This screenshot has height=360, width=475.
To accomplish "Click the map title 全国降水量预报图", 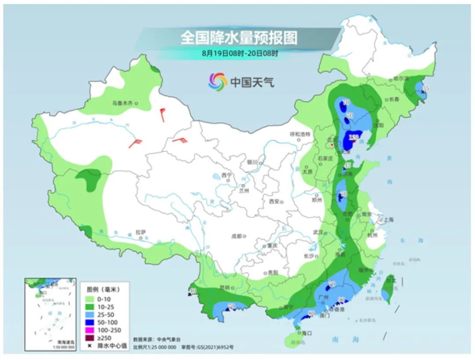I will click(x=239, y=38).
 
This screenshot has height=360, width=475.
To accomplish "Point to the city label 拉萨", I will click(x=140, y=232).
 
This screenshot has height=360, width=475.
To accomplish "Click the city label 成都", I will click(x=237, y=236).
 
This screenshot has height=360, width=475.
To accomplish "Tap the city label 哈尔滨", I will click(x=401, y=79).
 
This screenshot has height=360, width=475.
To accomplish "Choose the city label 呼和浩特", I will click(x=300, y=134).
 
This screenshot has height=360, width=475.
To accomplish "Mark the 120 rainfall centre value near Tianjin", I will click(x=354, y=138).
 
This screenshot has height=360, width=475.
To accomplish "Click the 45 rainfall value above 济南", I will click(x=347, y=166).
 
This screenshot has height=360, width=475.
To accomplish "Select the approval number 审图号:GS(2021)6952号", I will click(x=207, y=347).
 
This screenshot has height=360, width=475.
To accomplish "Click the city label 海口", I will click(x=301, y=333).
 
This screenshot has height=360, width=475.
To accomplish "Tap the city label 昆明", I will click(x=223, y=288).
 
